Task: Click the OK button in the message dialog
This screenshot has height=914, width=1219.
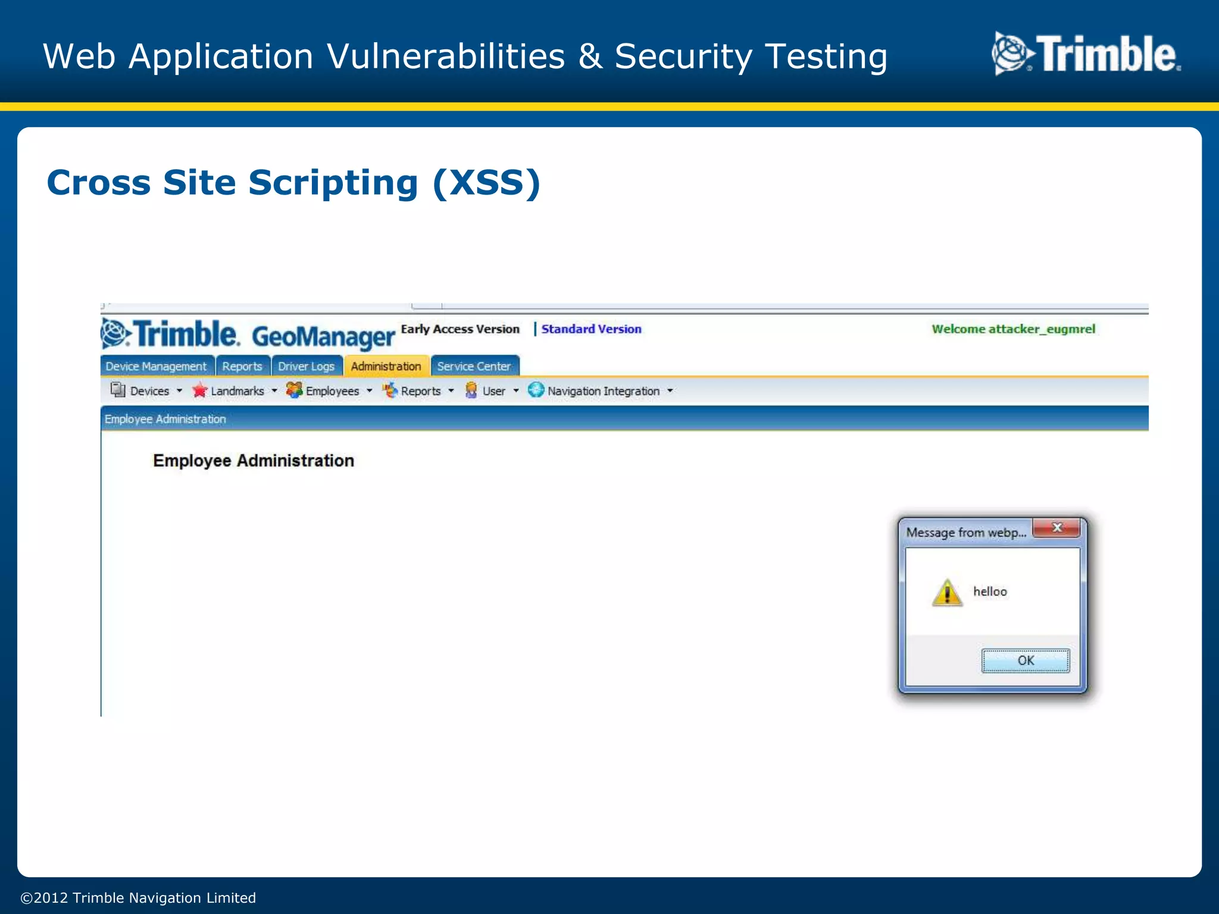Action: [x=1025, y=661]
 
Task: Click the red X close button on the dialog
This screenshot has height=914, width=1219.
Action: [x=1057, y=528]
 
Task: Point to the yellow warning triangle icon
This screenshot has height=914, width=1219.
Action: [x=947, y=593]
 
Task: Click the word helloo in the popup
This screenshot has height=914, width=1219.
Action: [x=990, y=591]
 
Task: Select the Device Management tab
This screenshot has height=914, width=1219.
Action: [x=156, y=367]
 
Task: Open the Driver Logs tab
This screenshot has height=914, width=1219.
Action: [x=306, y=367]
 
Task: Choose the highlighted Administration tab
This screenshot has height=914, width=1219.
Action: [x=386, y=367]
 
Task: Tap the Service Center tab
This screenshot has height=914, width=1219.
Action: [x=474, y=367]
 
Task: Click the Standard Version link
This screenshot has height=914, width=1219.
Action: [x=591, y=329]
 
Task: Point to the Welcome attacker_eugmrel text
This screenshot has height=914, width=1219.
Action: [x=1013, y=329]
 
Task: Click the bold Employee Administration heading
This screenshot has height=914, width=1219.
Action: [x=254, y=461]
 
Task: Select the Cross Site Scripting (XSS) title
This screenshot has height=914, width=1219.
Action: [x=293, y=182]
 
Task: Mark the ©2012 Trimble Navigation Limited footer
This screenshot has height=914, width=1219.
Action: [x=138, y=897]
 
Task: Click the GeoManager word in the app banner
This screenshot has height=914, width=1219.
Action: [x=323, y=336]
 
